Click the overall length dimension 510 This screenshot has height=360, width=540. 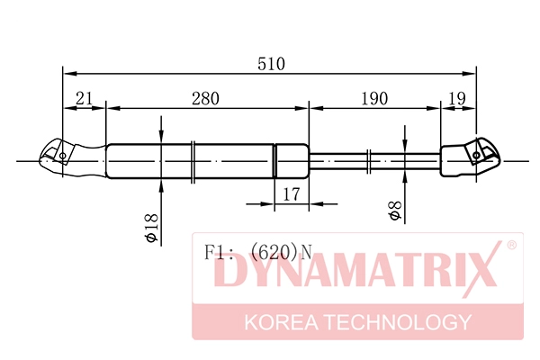(270, 64)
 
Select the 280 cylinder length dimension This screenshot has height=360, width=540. (204, 100)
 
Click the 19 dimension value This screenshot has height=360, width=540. (457, 100)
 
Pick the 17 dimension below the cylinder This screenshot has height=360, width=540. (290, 193)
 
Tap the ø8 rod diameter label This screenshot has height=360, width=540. (393, 212)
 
